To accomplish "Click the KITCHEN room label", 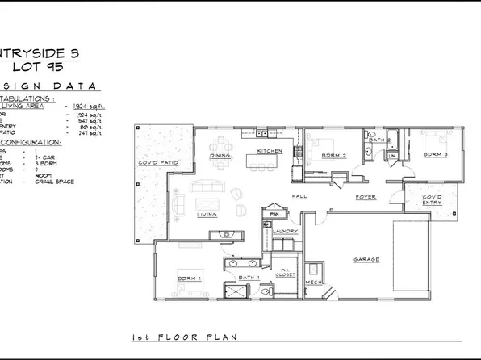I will click(x=269, y=151).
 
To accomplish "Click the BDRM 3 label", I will click(x=435, y=153).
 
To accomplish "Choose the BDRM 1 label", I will click(x=189, y=279).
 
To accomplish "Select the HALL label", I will click(x=300, y=196).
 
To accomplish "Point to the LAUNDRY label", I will click(x=287, y=232).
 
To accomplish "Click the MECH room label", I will click(x=313, y=283).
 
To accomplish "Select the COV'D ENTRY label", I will click(x=433, y=199).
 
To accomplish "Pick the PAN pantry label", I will click(x=274, y=214).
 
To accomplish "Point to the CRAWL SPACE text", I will click(x=56, y=182).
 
